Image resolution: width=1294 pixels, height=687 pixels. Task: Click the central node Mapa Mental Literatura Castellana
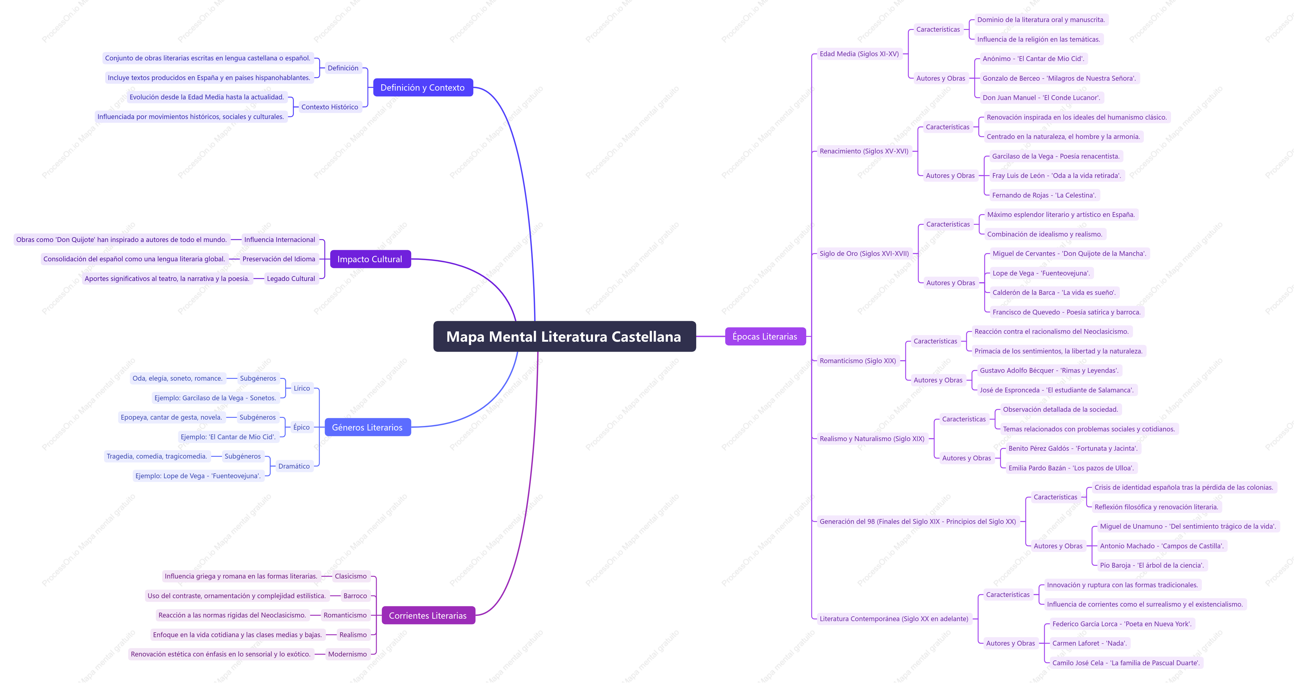564,336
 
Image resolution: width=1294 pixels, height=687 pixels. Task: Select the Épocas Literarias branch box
765,336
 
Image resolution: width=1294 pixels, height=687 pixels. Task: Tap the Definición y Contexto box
423,87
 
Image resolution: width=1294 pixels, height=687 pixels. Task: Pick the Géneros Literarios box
367,427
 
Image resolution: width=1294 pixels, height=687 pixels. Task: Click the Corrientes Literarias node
428,615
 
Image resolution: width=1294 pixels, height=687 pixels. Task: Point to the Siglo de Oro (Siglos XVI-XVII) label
864,253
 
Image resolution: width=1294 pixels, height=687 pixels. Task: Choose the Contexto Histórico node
330,107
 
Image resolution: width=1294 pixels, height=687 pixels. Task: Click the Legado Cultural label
291,279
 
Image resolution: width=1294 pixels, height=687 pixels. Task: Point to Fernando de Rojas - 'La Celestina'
1044,195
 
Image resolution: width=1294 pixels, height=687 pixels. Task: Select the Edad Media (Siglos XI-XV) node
859,54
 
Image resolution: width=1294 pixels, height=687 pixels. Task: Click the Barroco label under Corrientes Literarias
355,595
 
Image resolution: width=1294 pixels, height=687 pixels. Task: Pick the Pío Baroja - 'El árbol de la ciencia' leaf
1152,565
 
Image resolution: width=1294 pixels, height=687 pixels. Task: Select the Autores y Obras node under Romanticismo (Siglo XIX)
938,380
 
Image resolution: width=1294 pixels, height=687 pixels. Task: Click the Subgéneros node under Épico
258,417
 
